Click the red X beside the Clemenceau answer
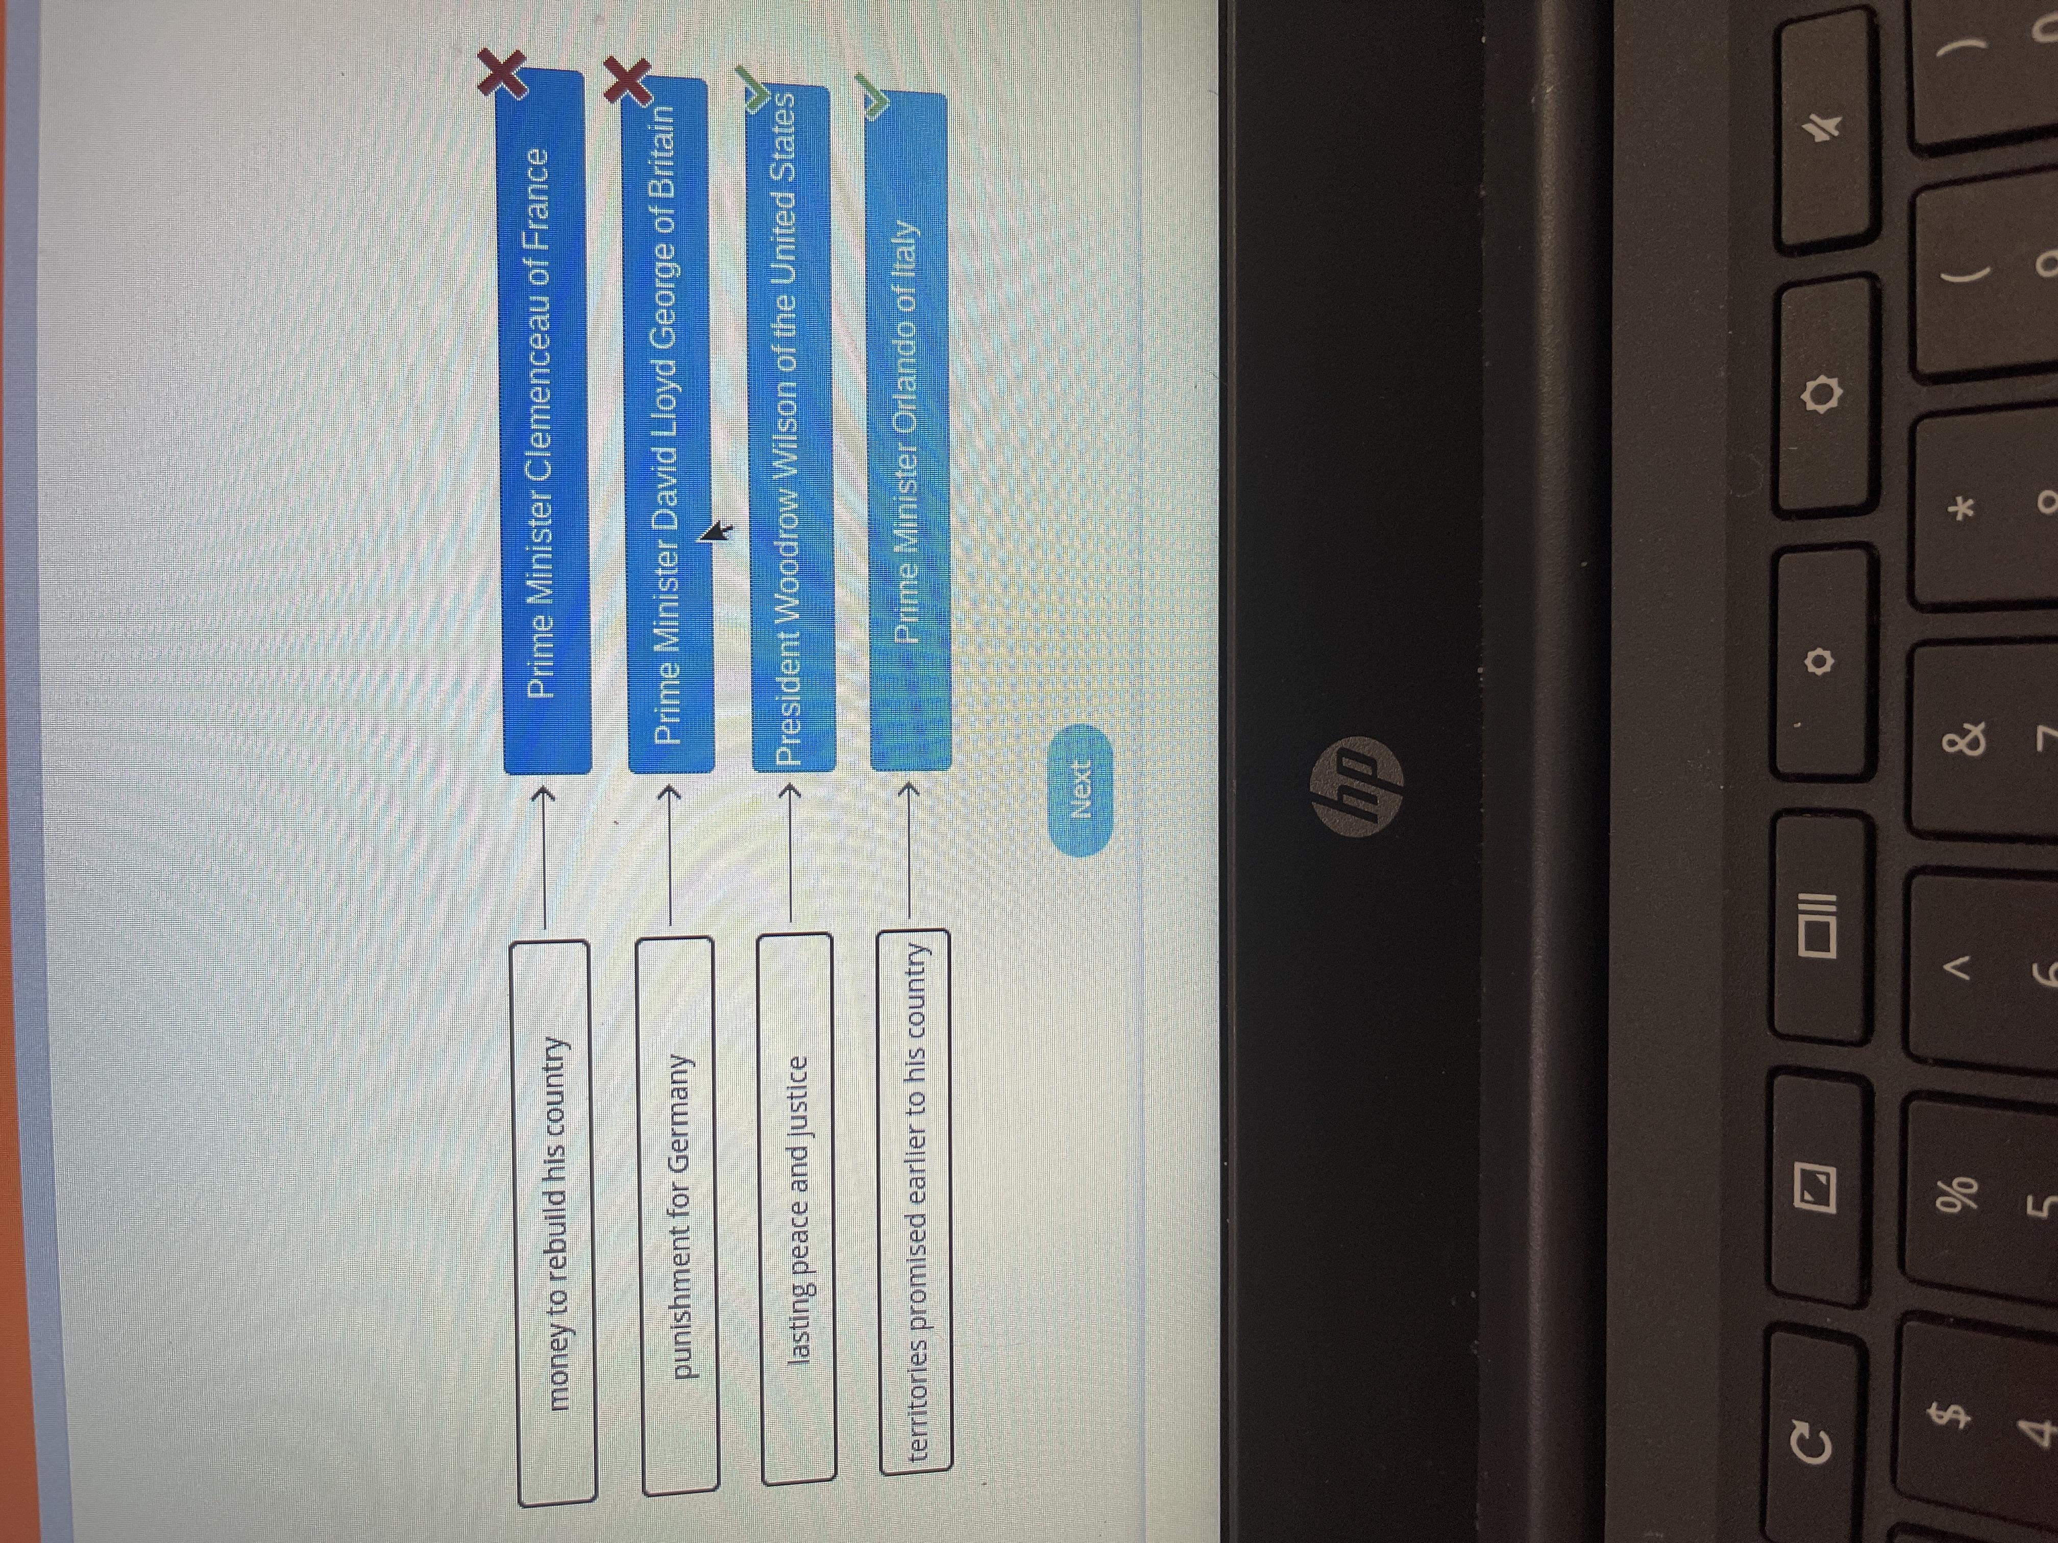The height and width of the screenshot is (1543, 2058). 502,74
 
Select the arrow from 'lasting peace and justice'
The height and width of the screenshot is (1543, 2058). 791,856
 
